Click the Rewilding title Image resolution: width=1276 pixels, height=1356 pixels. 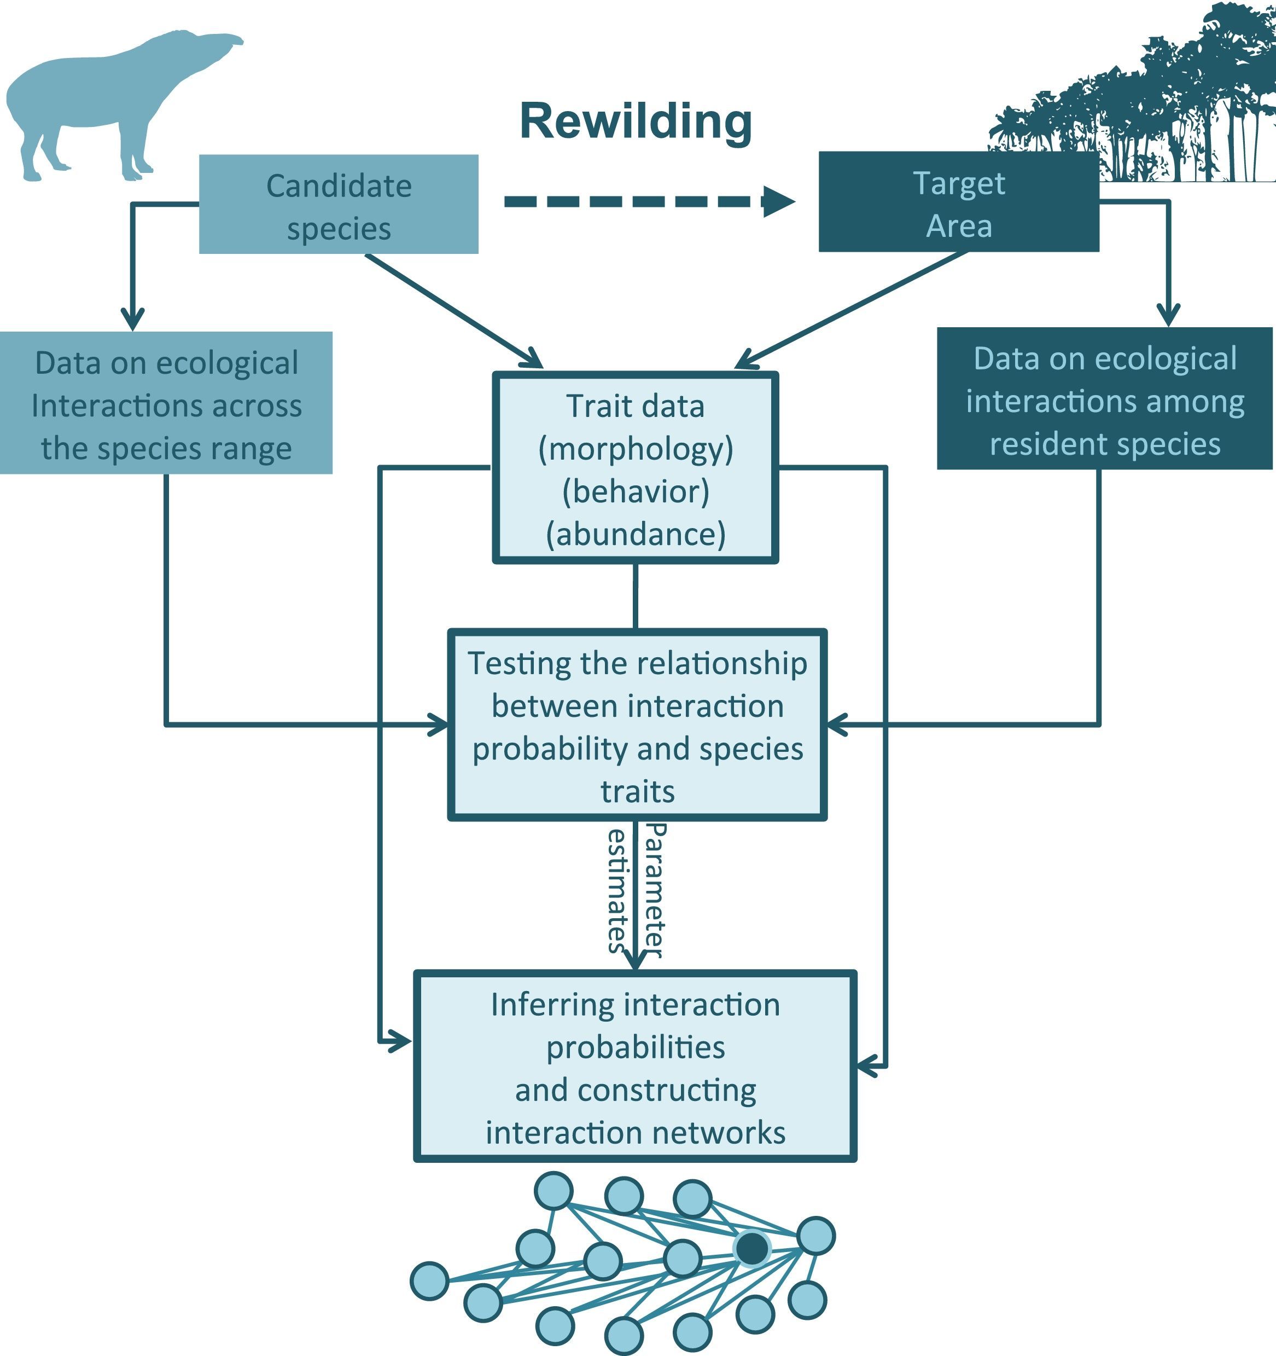636,121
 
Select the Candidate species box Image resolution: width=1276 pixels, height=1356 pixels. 338,205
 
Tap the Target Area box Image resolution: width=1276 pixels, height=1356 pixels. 958,202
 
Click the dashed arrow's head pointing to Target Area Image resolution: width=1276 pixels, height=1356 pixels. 778,201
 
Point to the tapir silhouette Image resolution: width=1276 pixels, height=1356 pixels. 102,102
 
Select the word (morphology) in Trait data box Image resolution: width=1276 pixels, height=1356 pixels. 636,449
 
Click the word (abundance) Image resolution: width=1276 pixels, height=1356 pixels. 636,534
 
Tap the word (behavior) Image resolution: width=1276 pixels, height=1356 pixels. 636,492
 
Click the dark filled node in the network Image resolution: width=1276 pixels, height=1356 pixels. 752,1248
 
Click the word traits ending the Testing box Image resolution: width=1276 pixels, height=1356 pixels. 637,792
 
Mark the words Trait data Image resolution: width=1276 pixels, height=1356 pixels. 636,407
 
